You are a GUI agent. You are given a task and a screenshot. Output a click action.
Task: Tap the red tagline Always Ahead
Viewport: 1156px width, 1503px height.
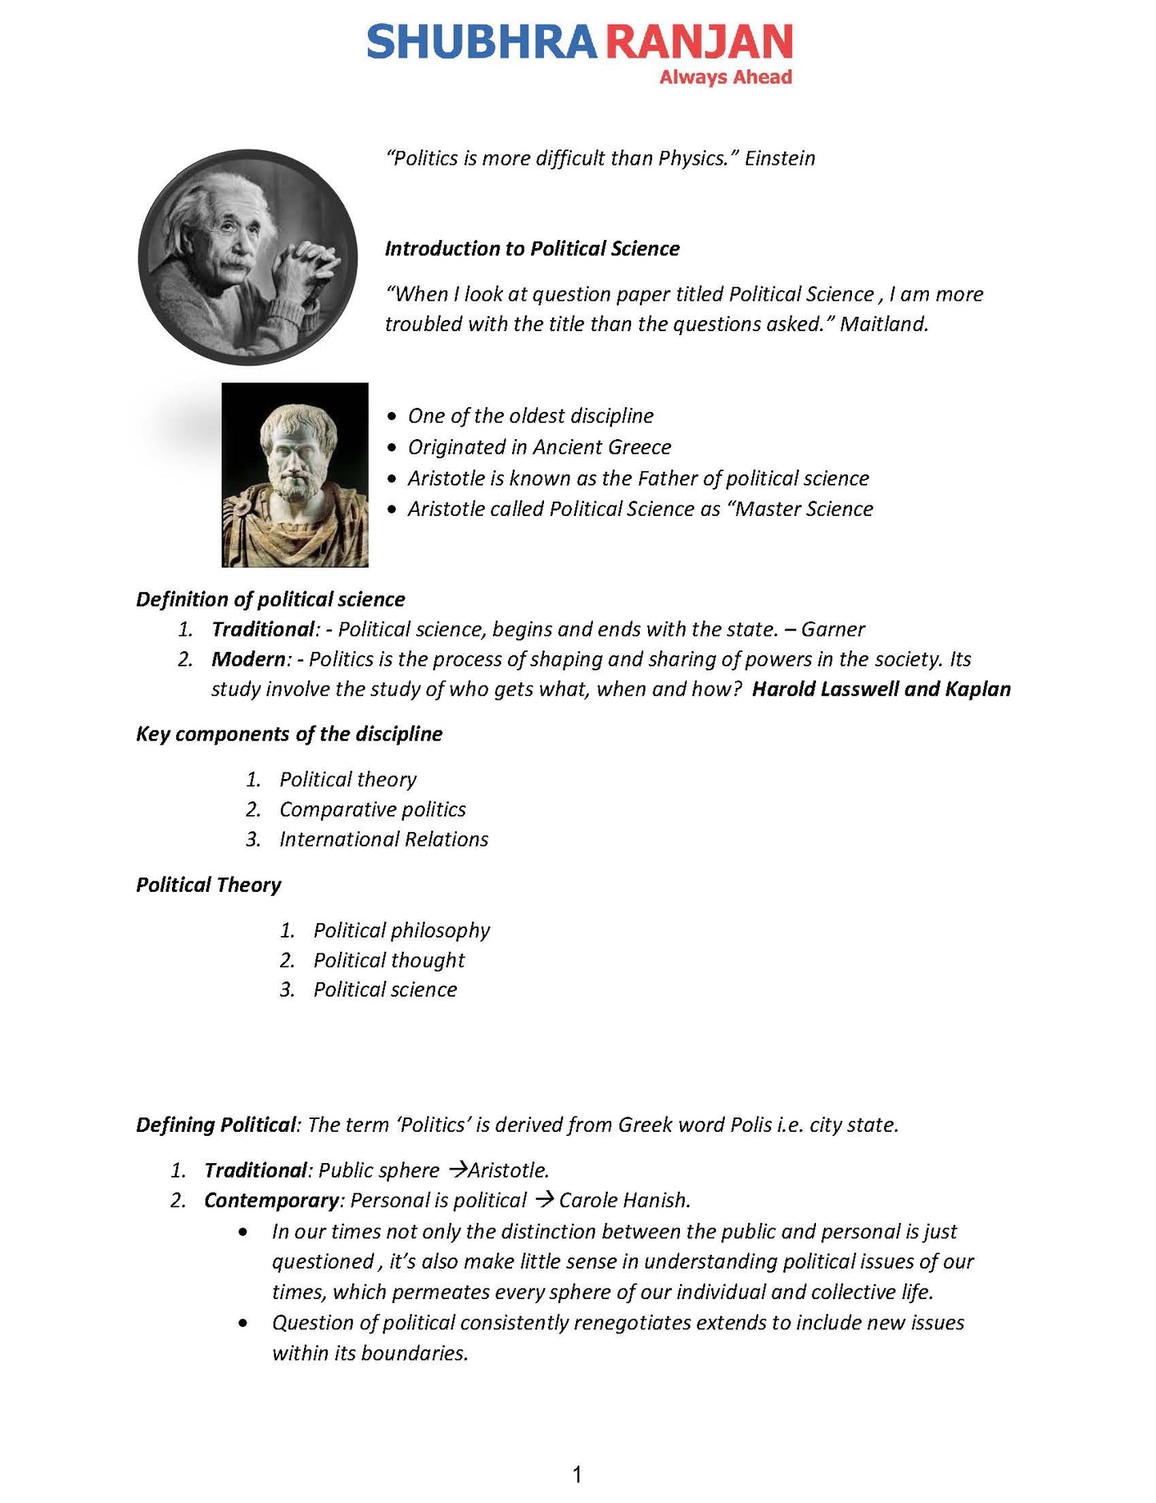[x=725, y=78]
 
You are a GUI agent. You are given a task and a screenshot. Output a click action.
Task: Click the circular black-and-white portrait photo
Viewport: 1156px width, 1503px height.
[x=248, y=257]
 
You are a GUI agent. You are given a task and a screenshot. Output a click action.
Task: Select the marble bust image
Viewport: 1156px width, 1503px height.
[x=295, y=475]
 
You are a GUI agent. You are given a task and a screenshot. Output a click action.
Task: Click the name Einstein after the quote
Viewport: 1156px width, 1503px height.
[x=780, y=158]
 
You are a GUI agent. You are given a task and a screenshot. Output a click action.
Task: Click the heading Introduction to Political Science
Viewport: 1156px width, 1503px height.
[x=532, y=249]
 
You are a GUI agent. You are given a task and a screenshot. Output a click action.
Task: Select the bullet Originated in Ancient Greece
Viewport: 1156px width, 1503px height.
[x=539, y=447]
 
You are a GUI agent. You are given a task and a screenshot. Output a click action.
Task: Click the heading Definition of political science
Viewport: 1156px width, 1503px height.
[x=270, y=599]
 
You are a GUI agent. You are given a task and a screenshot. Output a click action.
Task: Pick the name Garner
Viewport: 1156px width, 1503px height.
[x=833, y=630]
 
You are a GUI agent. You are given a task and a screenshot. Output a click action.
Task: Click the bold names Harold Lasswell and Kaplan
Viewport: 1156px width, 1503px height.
[x=881, y=690]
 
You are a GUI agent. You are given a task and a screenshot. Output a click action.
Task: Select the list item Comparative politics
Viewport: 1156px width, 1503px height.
[x=372, y=809]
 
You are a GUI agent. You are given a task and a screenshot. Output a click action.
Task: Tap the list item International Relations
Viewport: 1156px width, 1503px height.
[x=383, y=839]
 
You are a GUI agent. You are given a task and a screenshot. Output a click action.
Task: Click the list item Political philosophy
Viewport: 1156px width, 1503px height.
[x=401, y=930]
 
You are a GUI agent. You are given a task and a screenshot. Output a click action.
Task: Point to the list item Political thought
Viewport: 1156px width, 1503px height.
[x=389, y=960]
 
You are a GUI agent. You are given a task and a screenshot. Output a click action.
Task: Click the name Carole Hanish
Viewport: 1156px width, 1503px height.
[x=624, y=1200]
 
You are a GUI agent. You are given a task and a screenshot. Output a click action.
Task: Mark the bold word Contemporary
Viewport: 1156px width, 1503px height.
[x=272, y=1200]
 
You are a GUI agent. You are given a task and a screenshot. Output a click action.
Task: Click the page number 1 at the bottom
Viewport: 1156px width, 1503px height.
[x=578, y=1475]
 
